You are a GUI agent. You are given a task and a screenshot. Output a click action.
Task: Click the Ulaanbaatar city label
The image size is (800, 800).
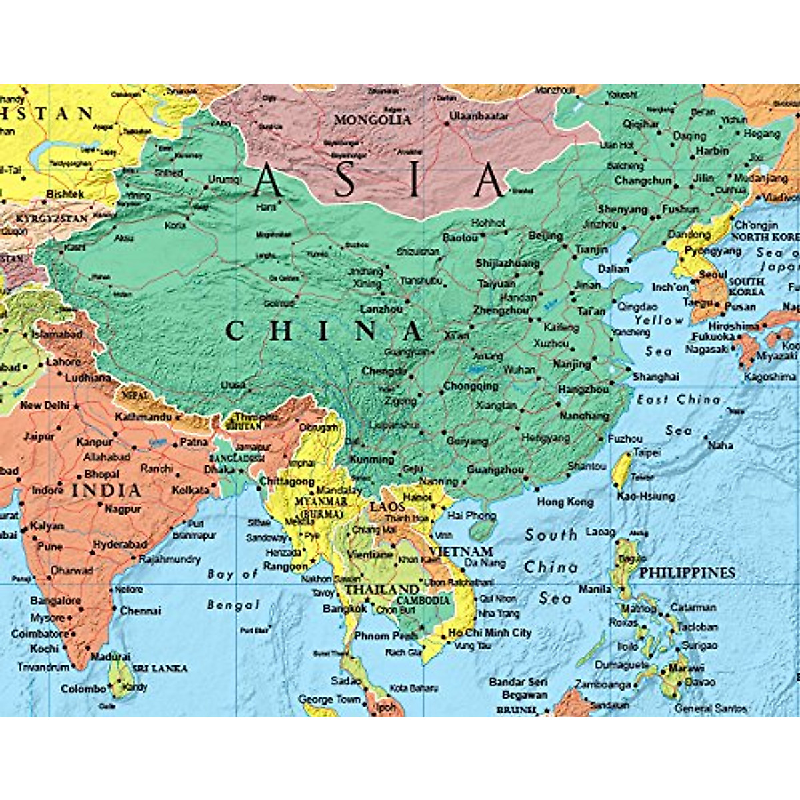click(x=479, y=116)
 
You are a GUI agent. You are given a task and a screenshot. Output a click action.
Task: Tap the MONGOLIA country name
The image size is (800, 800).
click(x=373, y=120)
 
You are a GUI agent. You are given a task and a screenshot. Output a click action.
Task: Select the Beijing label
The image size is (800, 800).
click(x=545, y=236)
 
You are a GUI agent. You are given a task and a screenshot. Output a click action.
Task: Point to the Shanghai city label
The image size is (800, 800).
click(x=655, y=377)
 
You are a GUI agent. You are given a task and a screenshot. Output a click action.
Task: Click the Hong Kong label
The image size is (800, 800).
click(x=565, y=502)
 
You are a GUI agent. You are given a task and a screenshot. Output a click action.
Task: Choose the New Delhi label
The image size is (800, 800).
click(x=45, y=405)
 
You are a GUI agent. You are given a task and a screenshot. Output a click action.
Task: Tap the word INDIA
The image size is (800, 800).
click(x=107, y=491)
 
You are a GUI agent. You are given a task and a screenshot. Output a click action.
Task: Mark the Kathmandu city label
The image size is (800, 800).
click(x=143, y=417)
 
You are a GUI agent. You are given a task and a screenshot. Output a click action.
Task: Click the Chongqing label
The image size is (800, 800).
click(x=471, y=386)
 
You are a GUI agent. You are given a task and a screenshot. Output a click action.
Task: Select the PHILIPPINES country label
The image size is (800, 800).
click(x=687, y=573)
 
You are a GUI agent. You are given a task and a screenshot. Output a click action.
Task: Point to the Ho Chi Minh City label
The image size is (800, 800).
click(x=490, y=632)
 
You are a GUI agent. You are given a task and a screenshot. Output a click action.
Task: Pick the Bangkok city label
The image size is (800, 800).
click(x=345, y=609)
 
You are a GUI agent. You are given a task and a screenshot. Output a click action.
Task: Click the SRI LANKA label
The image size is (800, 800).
click(x=159, y=668)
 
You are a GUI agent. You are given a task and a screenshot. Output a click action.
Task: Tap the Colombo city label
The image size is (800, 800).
click(x=83, y=689)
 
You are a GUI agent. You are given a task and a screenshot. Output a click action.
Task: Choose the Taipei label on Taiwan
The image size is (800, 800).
click(x=647, y=453)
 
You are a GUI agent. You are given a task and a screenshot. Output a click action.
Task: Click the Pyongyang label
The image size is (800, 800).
click(x=713, y=251)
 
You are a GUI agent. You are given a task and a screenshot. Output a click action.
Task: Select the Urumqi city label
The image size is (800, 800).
click(x=225, y=180)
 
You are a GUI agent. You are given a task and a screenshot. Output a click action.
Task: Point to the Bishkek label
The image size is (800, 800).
click(x=65, y=194)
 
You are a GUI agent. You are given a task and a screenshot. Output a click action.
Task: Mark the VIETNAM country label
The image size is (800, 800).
click(x=461, y=551)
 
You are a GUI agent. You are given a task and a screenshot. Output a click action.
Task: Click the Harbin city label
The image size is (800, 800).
click(x=712, y=151)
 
